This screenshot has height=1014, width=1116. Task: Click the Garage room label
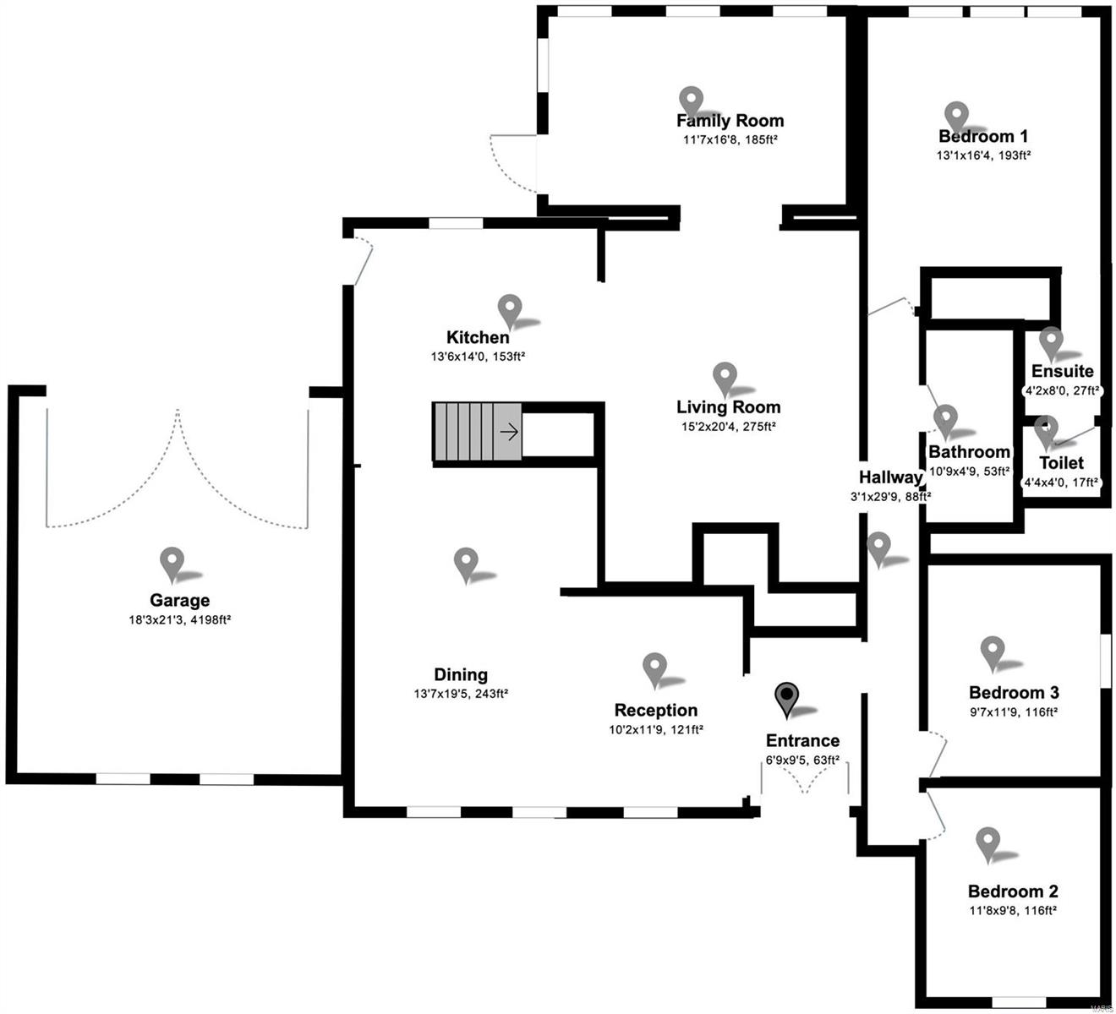pos(179,600)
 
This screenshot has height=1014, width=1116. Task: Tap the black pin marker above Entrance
pos(787,698)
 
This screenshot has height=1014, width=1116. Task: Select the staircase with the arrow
pos(478,432)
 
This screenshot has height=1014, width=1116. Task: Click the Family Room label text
pos(730,121)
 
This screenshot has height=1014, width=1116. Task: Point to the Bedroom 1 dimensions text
pos(983,155)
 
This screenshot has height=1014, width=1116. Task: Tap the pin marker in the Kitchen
pos(510,310)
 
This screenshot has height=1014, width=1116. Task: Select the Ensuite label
pos(1062,371)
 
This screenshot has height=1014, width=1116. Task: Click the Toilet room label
pos(1061,463)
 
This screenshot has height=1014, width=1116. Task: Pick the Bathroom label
pos(969,452)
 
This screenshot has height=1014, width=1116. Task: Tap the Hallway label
pos(891,477)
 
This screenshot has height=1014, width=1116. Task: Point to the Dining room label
pos(461,674)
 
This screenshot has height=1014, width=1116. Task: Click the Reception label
pos(656,710)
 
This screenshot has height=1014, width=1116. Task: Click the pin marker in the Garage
pos(172,563)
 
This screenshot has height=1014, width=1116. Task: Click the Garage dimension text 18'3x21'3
pos(179,619)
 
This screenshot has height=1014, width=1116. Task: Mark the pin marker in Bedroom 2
pos(987,843)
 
